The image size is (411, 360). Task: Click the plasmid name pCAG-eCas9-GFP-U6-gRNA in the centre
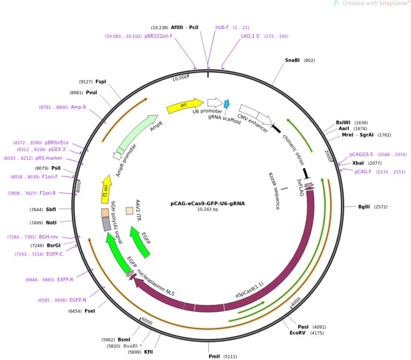point(208,204)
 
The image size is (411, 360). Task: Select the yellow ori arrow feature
point(185,106)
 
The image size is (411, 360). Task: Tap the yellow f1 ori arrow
point(105,189)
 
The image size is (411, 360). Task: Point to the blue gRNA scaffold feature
point(227,103)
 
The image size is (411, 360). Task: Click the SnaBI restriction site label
point(292,60)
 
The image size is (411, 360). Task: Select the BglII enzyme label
point(364,207)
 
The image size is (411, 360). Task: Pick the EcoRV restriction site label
point(297,333)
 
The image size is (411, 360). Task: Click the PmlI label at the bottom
point(214,356)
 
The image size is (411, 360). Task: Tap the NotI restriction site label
point(51,223)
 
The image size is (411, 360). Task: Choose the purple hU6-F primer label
point(222,28)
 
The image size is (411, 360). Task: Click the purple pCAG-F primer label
point(363,172)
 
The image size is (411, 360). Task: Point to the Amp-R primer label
point(78,107)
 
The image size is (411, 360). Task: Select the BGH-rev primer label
point(49,237)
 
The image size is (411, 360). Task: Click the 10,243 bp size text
point(208,210)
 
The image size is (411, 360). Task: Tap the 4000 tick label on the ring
point(296,302)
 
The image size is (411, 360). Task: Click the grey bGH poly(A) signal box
point(107,224)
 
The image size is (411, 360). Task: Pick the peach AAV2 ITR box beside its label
point(129,211)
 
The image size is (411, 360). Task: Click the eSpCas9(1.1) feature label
point(249,290)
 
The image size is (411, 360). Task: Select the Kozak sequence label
point(274,191)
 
